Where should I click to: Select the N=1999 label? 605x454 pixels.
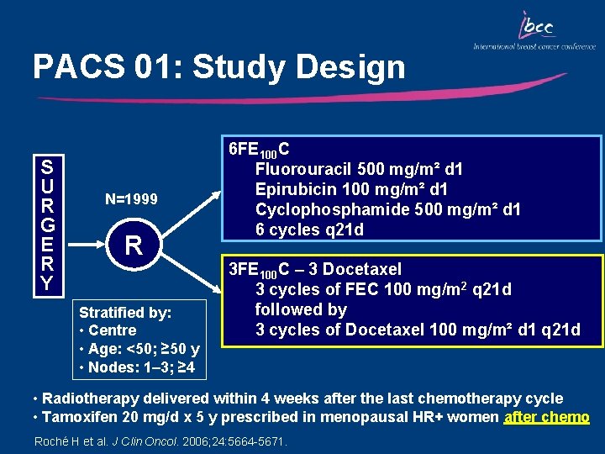pyautogui.click(x=132, y=199)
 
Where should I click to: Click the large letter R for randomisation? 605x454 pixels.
pyautogui.click(x=133, y=245)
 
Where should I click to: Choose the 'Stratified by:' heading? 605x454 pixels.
pyautogui.click(x=124, y=313)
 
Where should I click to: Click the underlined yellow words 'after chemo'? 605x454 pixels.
pyautogui.click(x=546, y=417)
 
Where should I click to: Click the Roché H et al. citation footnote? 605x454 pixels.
pyautogui.click(x=160, y=441)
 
